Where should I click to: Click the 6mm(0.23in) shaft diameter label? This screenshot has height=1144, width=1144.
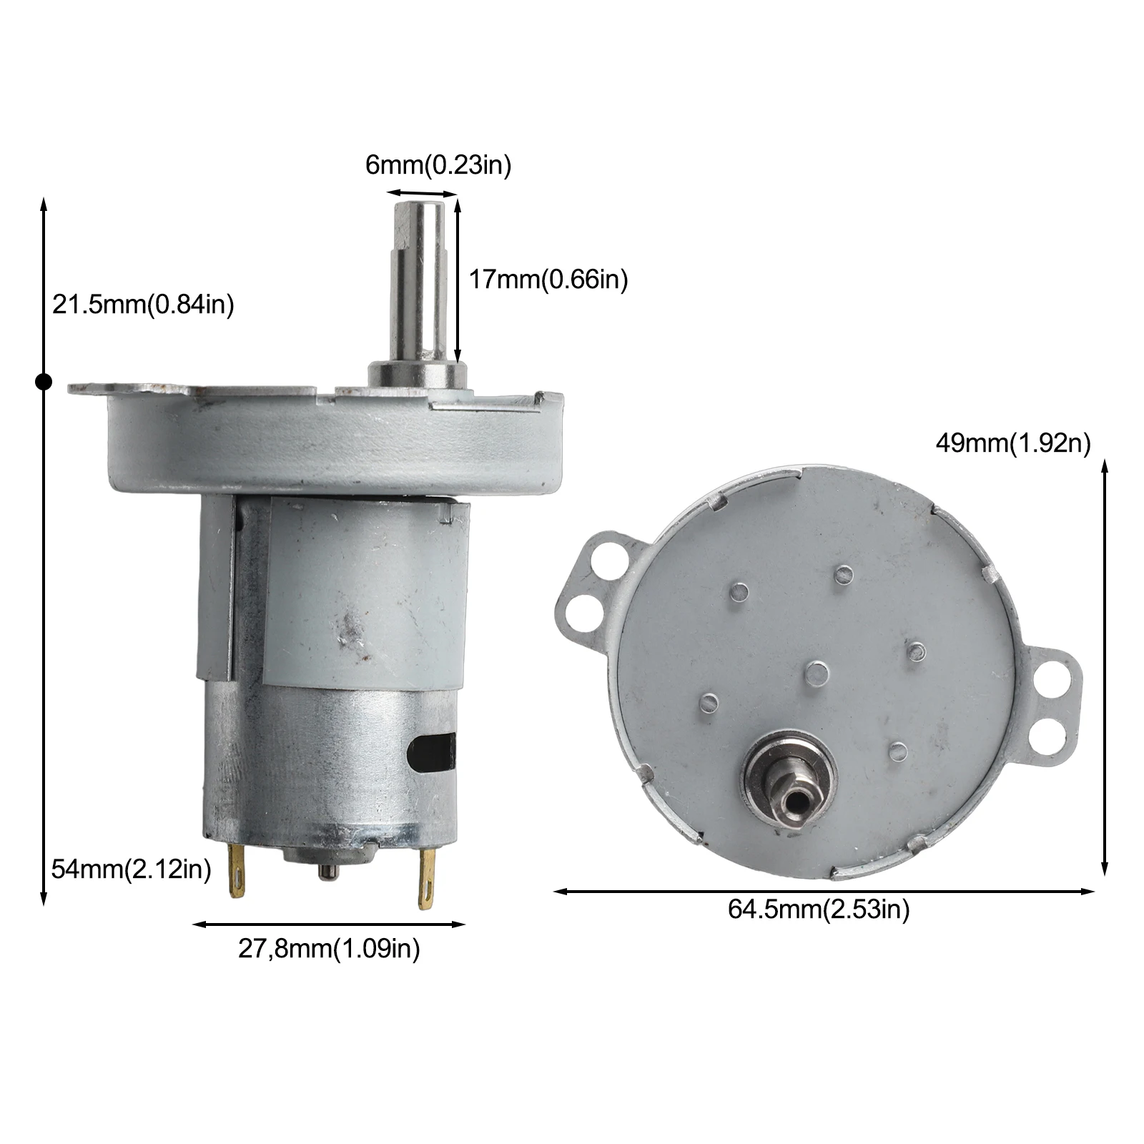coord(438,166)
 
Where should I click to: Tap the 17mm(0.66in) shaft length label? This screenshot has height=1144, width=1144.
coord(548,279)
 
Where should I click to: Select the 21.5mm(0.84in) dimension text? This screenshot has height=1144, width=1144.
coord(143,305)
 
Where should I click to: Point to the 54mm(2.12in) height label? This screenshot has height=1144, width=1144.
coord(132,869)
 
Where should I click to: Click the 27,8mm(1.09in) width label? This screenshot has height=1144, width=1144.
coord(329,949)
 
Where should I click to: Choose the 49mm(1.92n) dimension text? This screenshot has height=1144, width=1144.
coord(1013,444)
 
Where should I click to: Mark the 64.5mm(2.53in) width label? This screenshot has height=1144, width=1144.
coord(819,909)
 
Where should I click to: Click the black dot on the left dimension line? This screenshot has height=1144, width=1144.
coord(44,383)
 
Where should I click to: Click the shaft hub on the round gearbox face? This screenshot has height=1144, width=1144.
coord(791,786)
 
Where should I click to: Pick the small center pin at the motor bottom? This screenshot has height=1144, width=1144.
coord(327,871)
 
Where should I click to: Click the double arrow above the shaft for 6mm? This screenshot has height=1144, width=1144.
coord(421,193)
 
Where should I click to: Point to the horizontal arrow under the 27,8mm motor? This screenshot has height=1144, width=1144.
coord(329,924)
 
